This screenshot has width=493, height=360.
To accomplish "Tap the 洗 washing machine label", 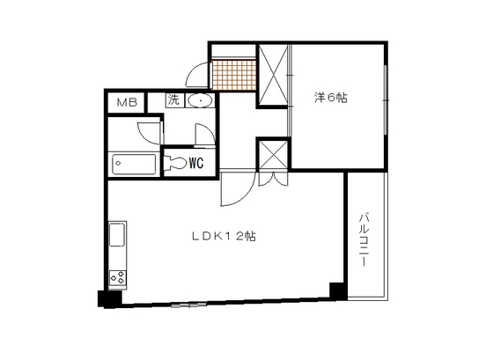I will (x=173, y=100).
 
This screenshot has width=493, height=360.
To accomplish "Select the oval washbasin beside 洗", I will (x=201, y=100).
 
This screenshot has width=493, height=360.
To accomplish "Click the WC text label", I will (x=196, y=163).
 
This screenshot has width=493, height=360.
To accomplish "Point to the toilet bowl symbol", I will (x=174, y=163).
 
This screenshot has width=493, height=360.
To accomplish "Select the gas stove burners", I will (x=117, y=279).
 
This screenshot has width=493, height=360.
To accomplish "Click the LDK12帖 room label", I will (x=224, y=236).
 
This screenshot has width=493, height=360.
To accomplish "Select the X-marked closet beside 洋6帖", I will (x=273, y=76).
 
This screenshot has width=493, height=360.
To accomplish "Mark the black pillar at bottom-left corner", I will (x=107, y=298).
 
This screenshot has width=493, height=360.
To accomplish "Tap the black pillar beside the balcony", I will (x=335, y=290).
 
